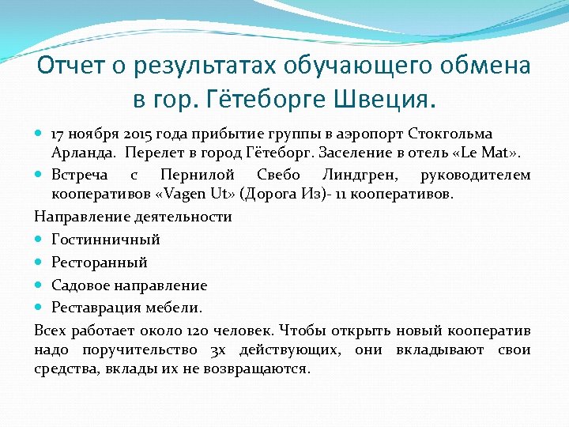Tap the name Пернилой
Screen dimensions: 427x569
199,175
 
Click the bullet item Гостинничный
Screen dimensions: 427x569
106,239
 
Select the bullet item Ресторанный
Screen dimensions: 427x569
100,262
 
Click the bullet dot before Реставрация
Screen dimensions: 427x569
40,308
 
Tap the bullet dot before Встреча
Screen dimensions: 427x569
40,175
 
